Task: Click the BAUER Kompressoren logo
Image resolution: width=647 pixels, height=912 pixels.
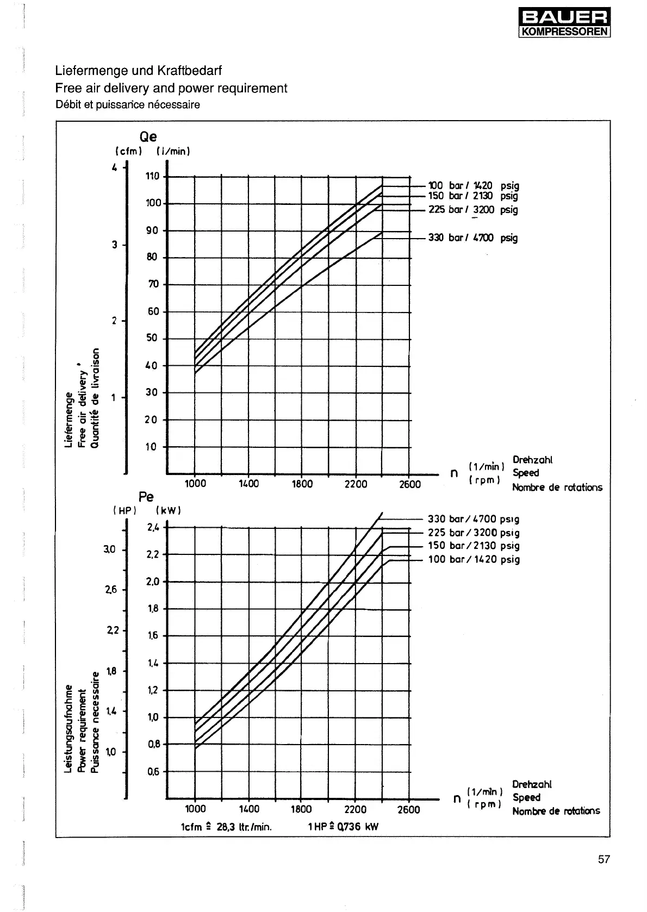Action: [x=564, y=22]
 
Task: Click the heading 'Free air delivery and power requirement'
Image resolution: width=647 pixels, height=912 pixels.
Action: [x=171, y=88]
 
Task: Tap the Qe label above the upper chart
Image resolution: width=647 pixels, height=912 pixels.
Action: [x=148, y=137]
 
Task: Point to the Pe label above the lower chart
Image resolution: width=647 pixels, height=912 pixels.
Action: [x=146, y=496]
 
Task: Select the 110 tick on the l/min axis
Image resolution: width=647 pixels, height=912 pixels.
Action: [x=153, y=176]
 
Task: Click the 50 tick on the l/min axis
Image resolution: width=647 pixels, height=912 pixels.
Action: [x=152, y=338]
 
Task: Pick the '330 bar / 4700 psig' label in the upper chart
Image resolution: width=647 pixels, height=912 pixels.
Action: [x=472, y=238]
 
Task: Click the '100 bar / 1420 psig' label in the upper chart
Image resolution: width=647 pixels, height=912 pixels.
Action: [x=473, y=186]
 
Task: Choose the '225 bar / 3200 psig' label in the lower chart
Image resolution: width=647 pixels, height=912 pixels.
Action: [x=474, y=533]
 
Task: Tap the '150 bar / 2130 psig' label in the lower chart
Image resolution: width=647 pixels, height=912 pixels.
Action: [x=474, y=546]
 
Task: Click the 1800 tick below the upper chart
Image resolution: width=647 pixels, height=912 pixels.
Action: [x=302, y=484]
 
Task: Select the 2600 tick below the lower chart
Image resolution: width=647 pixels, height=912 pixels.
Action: [x=409, y=809]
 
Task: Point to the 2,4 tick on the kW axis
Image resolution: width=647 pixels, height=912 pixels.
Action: [x=153, y=527]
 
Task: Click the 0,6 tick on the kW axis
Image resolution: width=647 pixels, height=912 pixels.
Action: [x=153, y=771]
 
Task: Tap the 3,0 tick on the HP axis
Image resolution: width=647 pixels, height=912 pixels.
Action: [x=109, y=549]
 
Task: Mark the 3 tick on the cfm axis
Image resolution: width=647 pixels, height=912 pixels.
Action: [x=115, y=245]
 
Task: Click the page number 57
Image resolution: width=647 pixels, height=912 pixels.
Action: [x=604, y=859]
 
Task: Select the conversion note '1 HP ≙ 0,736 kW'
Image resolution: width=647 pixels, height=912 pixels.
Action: [x=343, y=827]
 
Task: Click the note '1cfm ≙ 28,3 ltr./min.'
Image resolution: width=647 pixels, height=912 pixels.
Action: [x=226, y=827]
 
